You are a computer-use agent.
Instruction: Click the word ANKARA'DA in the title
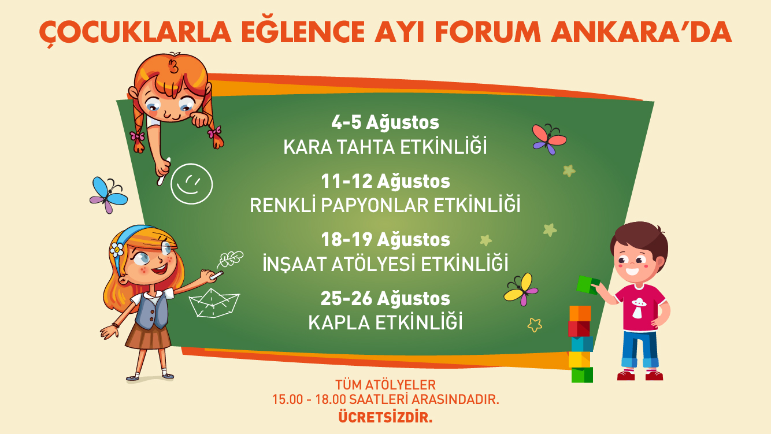click(641, 32)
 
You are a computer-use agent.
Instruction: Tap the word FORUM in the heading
click(488, 32)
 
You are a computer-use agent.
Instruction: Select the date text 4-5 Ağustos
click(385, 123)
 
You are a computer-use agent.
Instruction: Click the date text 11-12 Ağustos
click(385, 181)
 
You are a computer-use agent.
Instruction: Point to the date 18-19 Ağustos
click(385, 240)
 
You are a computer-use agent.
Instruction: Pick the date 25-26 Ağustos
click(385, 298)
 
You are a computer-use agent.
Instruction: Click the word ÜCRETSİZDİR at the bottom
click(385, 417)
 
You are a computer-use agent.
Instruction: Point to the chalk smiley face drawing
click(192, 184)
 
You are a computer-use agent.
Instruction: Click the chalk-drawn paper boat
click(214, 303)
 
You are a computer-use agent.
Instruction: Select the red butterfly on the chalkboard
click(549, 139)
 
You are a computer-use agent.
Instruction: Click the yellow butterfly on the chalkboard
click(521, 290)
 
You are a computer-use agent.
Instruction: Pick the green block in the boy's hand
click(588, 285)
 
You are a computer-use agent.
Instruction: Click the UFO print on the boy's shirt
click(639, 307)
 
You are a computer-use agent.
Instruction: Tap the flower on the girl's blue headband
click(117, 250)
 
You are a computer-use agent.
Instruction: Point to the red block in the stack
click(579, 329)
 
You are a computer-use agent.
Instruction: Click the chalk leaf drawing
click(230, 259)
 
